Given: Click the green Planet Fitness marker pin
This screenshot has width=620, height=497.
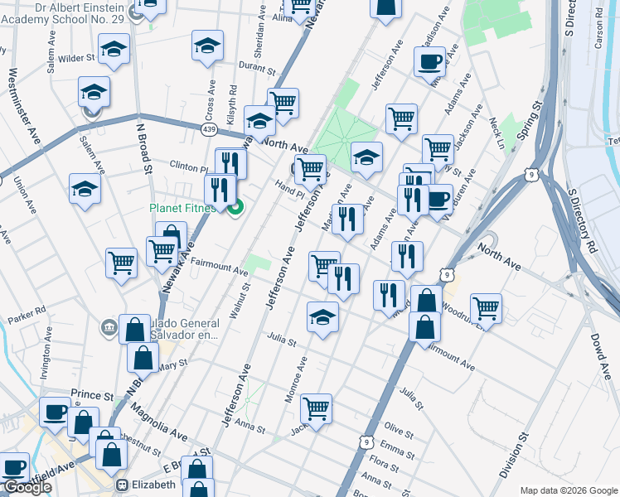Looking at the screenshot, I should coord(235,207).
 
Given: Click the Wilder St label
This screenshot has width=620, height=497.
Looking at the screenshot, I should coord(76,59).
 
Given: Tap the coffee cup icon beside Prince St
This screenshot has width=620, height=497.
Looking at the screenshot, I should coord(56,411).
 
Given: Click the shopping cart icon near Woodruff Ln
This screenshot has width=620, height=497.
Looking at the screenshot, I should coord(486,308).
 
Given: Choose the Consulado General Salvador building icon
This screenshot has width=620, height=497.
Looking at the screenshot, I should coord(109,327).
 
